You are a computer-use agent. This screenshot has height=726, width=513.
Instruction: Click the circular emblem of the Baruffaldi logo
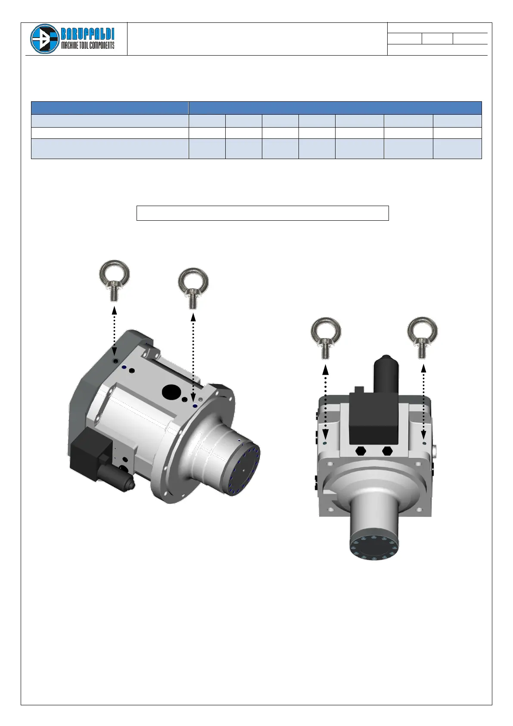point(45,38)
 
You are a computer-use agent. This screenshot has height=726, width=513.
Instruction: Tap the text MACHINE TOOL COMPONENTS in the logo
point(88,45)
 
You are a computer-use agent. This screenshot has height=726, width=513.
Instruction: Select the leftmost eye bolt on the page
point(114,281)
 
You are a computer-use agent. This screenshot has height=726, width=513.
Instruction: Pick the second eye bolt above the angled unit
point(193,288)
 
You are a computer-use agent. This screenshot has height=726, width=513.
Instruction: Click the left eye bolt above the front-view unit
point(326,338)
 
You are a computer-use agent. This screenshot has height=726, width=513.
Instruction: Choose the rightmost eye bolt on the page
point(422,338)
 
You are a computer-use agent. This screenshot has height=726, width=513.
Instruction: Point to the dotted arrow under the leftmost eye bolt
point(114,331)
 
